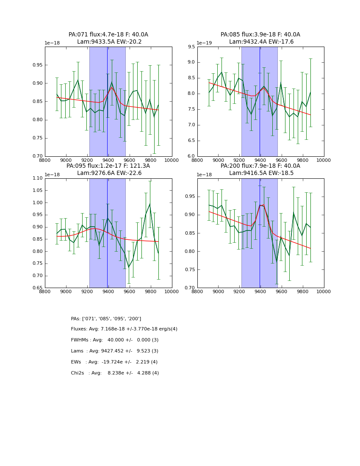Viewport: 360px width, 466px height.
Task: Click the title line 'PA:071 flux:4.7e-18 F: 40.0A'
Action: [x=108, y=35]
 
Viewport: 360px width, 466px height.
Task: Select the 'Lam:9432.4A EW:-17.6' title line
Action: [x=260, y=42]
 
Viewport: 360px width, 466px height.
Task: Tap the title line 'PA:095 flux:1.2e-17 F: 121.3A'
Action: [x=108, y=166]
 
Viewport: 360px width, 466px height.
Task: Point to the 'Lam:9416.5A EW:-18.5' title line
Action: [x=260, y=173]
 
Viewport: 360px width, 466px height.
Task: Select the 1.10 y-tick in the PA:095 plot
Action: [x=37, y=178]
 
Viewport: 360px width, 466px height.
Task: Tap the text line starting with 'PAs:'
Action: [x=106, y=319]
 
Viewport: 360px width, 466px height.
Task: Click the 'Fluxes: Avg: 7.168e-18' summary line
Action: [x=124, y=329]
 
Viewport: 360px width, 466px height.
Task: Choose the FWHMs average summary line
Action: [x=114, y=340]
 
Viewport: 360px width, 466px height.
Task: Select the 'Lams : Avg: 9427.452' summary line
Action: [x=114, y=351]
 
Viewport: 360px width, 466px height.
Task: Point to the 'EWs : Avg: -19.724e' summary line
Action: [x=114, y=362]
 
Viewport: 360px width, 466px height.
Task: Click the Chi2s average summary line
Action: [x=115, y=373]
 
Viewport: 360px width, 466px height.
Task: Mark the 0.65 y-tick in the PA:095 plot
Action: [x=37, y=288]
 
